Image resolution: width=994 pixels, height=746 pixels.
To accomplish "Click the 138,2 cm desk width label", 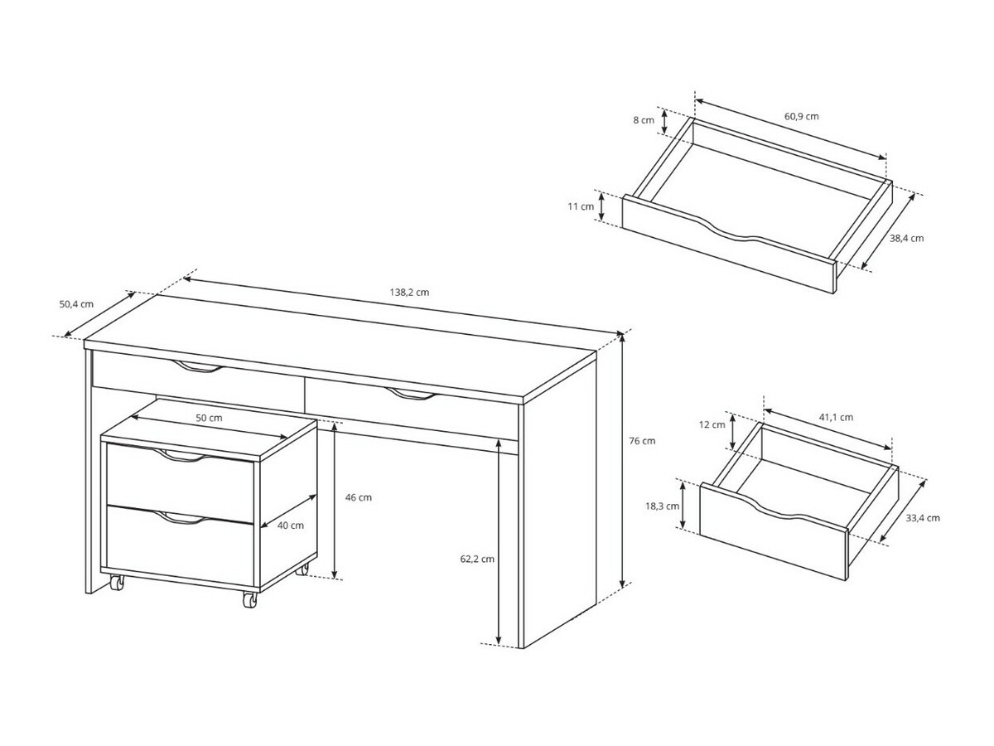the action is pos(409,292).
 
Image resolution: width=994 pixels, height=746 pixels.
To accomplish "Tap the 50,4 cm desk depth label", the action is pos(76,304).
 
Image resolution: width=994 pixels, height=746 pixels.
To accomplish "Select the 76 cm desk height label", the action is pos(642,441).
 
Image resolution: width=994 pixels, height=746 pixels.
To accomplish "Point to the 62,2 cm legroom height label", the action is pos(477,559).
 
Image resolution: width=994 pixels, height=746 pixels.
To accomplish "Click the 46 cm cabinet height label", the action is pos(359,497).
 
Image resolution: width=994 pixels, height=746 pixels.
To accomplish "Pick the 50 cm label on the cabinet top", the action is pos(210,418).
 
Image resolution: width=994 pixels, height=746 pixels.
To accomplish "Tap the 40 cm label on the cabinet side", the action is pos(291,526).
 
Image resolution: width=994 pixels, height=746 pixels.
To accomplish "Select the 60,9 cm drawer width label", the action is pos(802,116).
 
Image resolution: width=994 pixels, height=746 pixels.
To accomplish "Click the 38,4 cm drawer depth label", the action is pos(906,238).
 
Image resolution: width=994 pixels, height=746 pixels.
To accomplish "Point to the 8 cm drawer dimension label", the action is pos(644,120).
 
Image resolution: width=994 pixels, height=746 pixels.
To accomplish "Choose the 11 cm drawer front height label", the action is pos(581,206).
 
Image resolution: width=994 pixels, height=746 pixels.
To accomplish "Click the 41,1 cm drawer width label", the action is pos(836,417).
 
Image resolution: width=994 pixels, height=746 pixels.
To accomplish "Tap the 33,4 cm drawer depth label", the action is pos(923,518).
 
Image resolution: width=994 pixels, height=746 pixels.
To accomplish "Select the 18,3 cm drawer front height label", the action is pos(662,506).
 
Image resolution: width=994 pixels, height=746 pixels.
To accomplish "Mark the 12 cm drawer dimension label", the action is pos(712,424).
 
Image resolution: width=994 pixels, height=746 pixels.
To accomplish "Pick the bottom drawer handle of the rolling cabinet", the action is pos(179,518).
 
